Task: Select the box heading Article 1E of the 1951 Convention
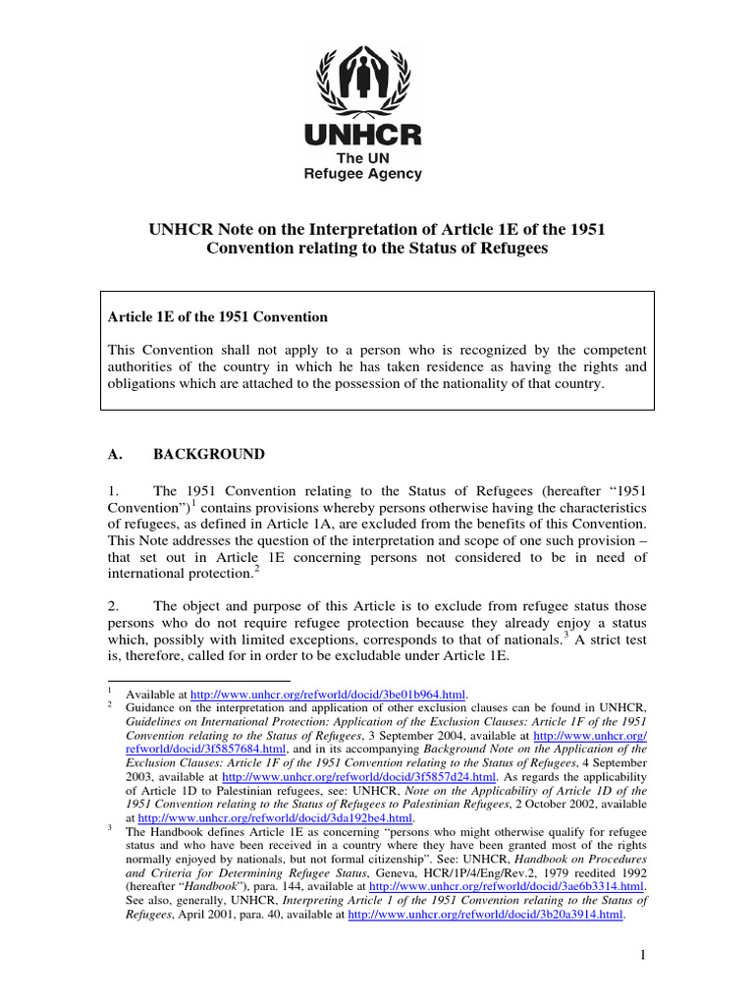pyautogui.click(x=216, y=317)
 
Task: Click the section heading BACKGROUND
pyautogui.click(x=209, y=455)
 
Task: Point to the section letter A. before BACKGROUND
pyautogui.click(x=112, y=455)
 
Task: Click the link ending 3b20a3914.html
pyautogui.click(x=487, y=913)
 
